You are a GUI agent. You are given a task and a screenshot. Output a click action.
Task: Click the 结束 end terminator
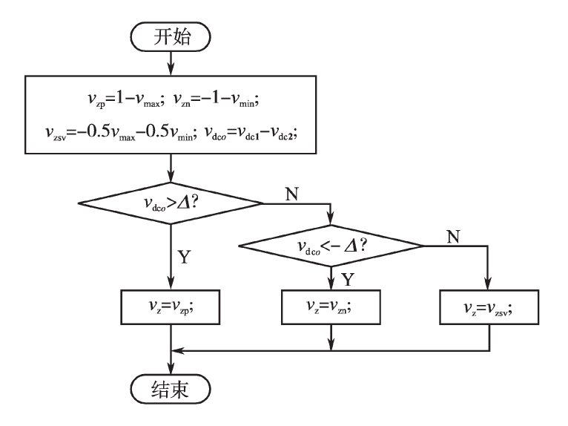[x=172, y=388]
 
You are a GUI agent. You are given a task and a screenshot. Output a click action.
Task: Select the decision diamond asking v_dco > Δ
[x=172, y=202]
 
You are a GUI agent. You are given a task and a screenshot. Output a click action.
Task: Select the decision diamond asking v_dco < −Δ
[x=330, y=246]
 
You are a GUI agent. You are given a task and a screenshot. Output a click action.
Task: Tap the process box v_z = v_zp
[x=172, y=306]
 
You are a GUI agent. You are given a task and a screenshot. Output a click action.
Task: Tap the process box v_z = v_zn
[x=330, y=306]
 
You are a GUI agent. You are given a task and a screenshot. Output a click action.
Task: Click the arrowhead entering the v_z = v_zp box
[x=172, y=284]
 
